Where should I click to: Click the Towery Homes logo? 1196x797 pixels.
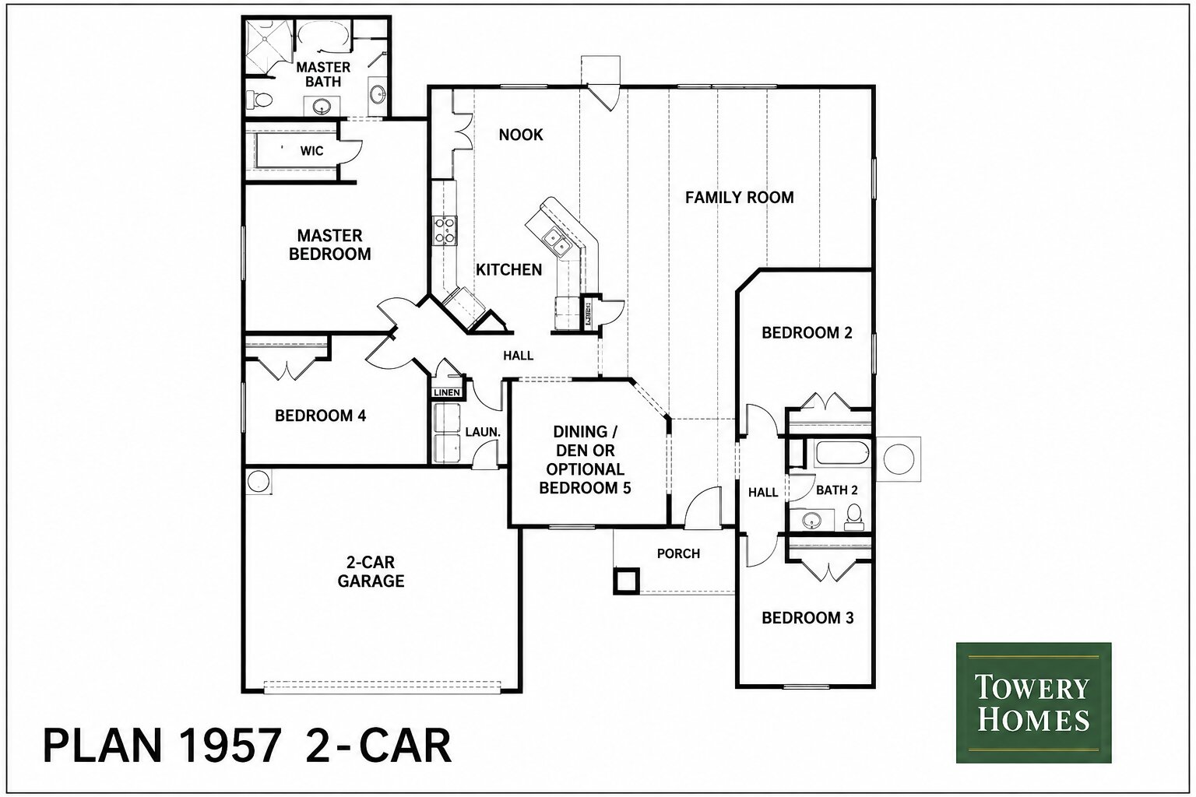[1033, 703]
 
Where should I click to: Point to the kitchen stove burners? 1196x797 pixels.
[445, 230]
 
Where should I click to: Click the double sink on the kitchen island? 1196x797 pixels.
[555, 241]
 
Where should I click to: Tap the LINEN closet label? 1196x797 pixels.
[446, 393]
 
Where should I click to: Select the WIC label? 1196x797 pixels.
[311, 151]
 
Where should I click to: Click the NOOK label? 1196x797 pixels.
[521, 135]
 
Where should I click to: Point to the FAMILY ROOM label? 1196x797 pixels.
[740, 198]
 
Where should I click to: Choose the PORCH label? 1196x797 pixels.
[679, 553]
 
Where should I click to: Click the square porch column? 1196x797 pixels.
[626, 581]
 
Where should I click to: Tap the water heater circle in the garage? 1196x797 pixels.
[259, 481]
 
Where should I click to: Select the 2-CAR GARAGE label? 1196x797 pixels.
[371, 571]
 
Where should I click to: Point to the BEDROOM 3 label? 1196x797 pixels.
[807, 618]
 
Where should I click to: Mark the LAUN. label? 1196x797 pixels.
[483, 432]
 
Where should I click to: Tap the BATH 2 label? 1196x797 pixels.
[837, 490]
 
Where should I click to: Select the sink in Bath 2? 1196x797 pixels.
[811, 520]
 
